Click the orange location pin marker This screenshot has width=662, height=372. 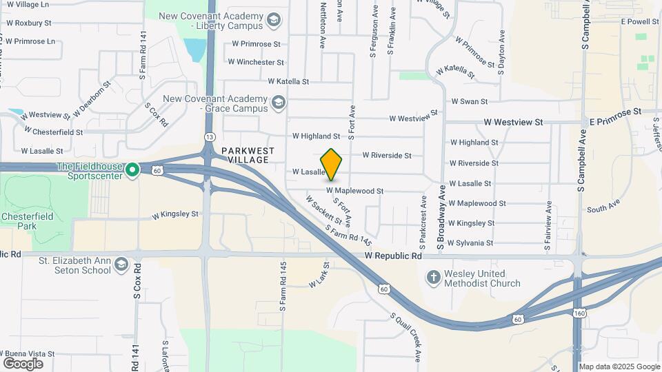point(332,165)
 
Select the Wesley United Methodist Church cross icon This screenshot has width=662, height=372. point(433,278)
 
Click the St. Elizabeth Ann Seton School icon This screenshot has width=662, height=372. point(121,265)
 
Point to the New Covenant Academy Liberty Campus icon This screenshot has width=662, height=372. point(274,20)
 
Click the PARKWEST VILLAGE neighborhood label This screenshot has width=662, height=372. point(248,155)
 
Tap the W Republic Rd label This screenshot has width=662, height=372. point(392,256)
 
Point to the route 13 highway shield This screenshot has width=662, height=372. point(208,136)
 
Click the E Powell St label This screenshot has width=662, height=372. point(640,21)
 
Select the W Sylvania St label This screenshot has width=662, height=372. point(470,242)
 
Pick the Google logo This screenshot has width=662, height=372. point(23,363)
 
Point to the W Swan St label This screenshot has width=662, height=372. point(469,101)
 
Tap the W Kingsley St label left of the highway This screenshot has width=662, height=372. point(175,214)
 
